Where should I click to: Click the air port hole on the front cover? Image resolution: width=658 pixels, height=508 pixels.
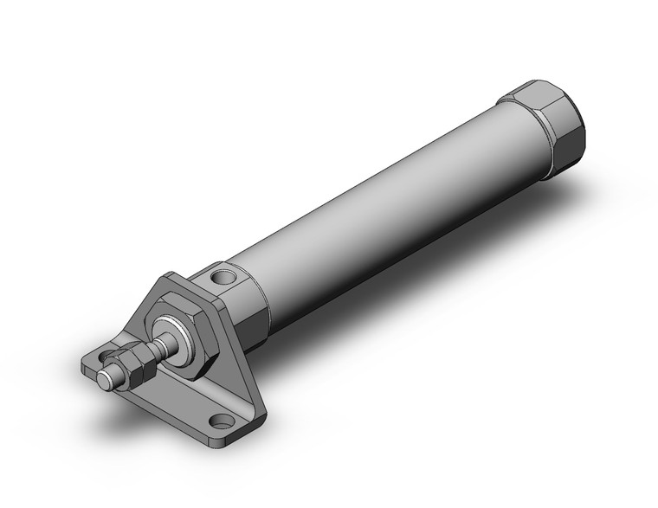click(x=223, y=279)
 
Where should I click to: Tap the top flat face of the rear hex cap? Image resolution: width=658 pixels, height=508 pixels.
click(x=541, y=91)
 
